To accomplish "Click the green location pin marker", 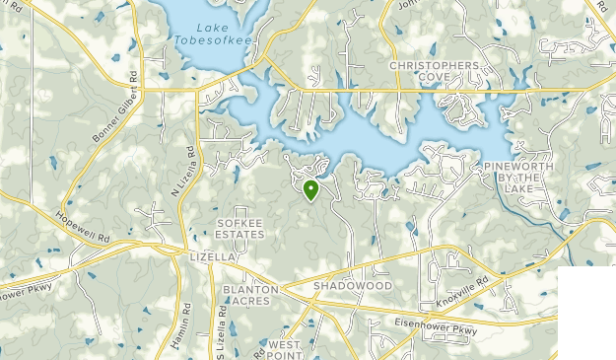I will point(310,189).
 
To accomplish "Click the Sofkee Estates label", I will point(241,230).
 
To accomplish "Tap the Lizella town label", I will point(211,256).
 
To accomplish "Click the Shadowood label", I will point(353,285).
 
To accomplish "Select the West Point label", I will point(284,349).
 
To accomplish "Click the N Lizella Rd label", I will point(184,172).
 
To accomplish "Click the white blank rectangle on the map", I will point(585,313).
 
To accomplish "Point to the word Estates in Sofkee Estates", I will point(241,237).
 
